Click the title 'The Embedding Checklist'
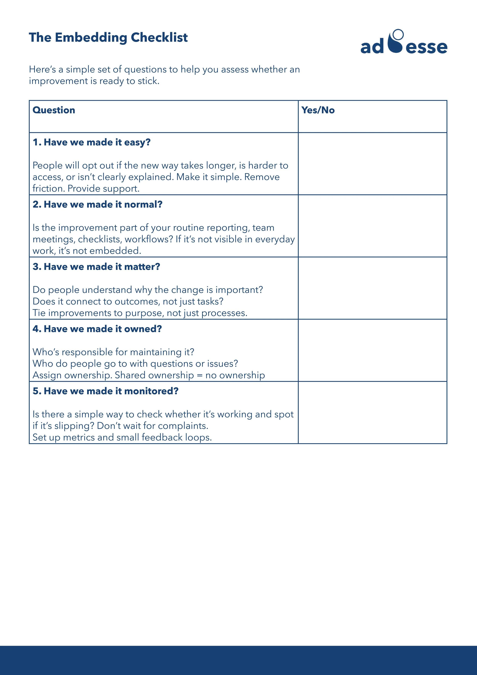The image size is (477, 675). [108, 38]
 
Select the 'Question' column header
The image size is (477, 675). [54, 110]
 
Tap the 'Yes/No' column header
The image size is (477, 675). [318, 110]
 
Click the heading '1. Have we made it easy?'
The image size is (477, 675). [91, 142]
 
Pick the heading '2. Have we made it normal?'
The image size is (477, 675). [97, 205]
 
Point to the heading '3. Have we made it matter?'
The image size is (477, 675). [96, 267]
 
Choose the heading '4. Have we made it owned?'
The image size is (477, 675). [97, 329]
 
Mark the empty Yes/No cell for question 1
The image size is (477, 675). [372, 164]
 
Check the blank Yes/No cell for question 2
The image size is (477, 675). [372, 226]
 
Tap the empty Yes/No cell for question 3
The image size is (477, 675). [372, 288]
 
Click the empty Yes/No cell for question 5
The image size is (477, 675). [372, 413]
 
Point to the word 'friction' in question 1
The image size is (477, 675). [48, 188]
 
